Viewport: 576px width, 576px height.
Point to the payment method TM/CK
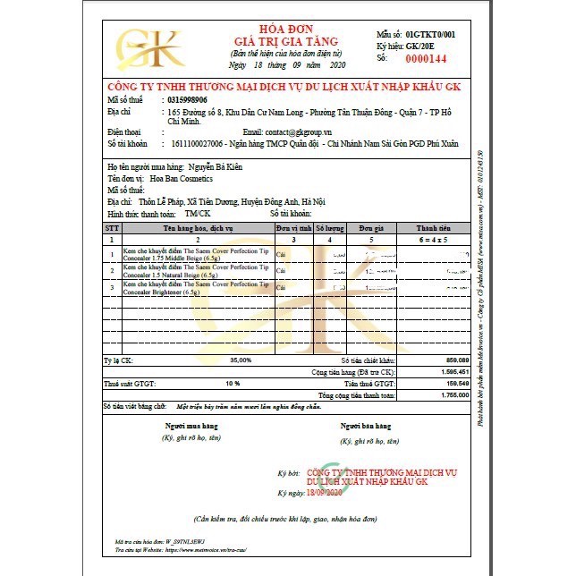coord(198,214)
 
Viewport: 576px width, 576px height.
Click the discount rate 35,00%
coord(241,360)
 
